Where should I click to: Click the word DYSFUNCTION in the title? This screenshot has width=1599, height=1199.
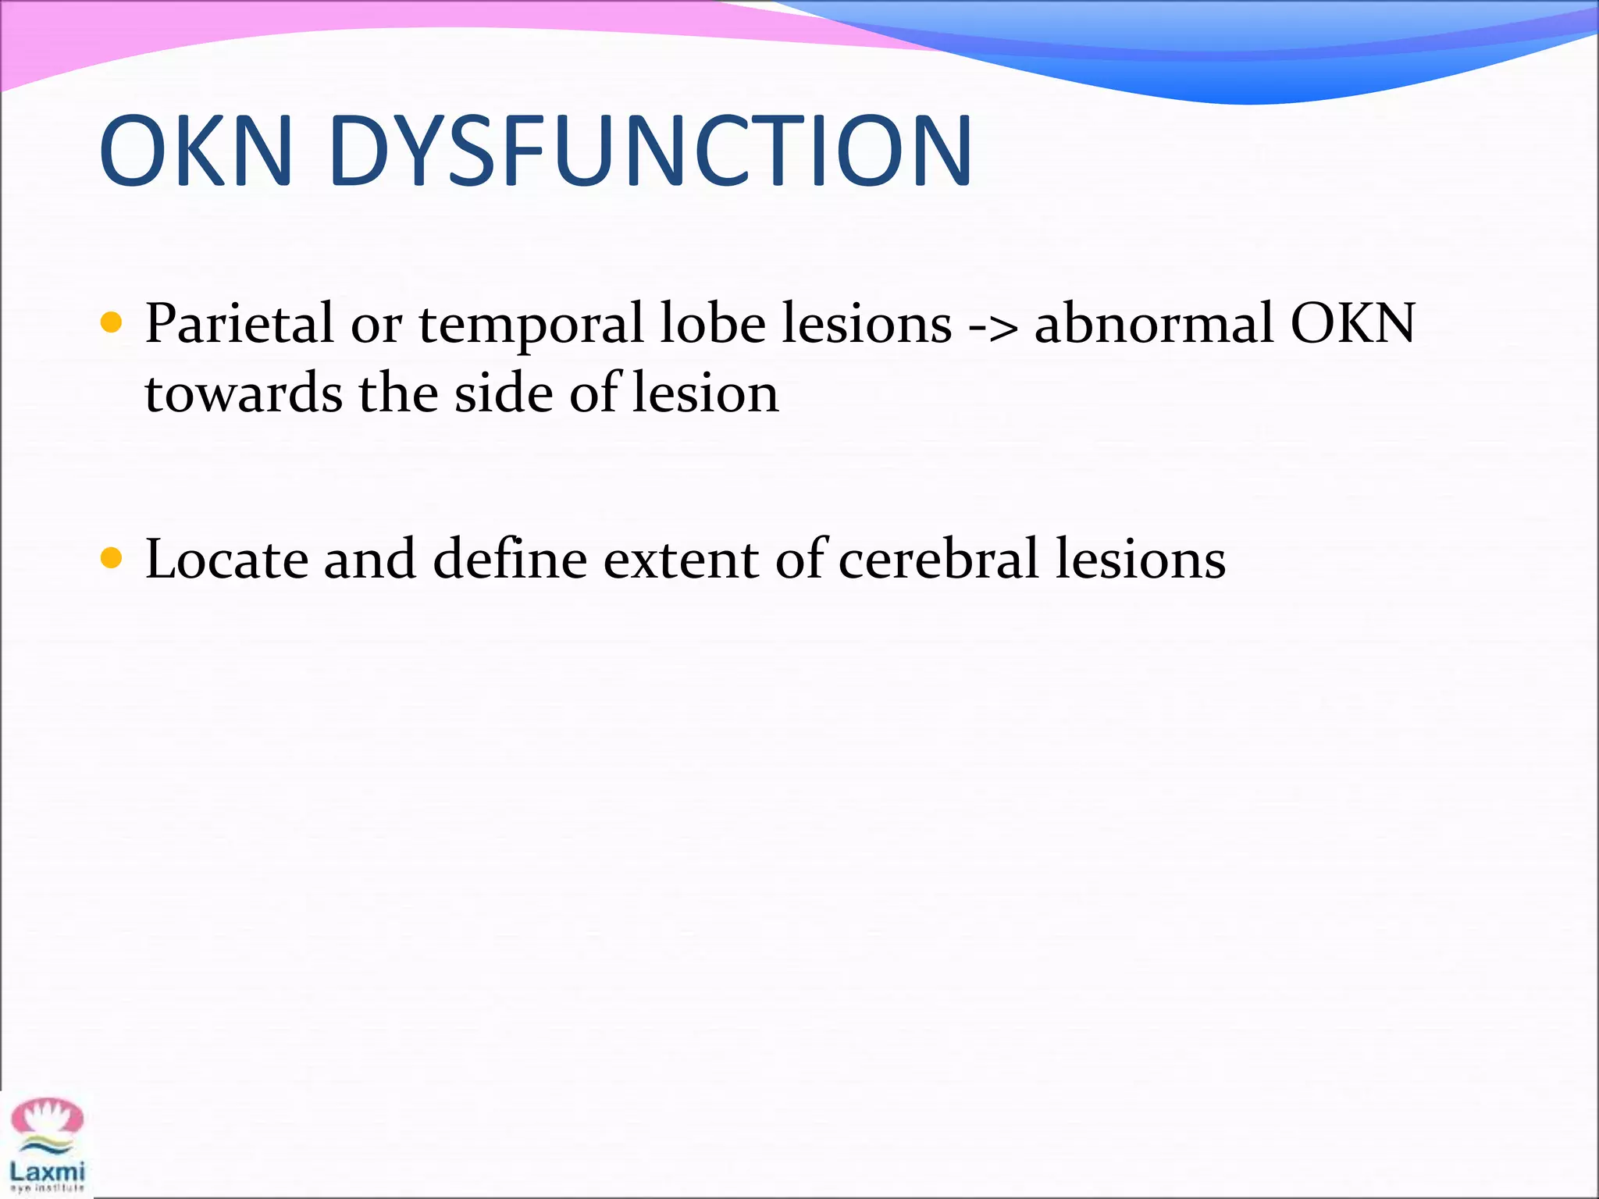click(650, 151)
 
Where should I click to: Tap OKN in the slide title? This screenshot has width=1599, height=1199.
click(196, 151)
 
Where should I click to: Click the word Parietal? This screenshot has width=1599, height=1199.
click(239, 324)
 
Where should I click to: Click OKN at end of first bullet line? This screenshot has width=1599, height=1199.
click(1352, 324)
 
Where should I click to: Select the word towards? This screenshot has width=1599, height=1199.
click(243, 394)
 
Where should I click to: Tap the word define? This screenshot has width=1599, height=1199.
click(510, 560)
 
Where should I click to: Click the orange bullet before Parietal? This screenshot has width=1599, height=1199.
click(112, 322)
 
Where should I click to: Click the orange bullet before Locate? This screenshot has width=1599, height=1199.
click(112, 558)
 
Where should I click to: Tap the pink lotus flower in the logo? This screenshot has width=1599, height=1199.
click(47, 1117)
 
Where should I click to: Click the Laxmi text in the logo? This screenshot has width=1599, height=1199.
click(47, 1171)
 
